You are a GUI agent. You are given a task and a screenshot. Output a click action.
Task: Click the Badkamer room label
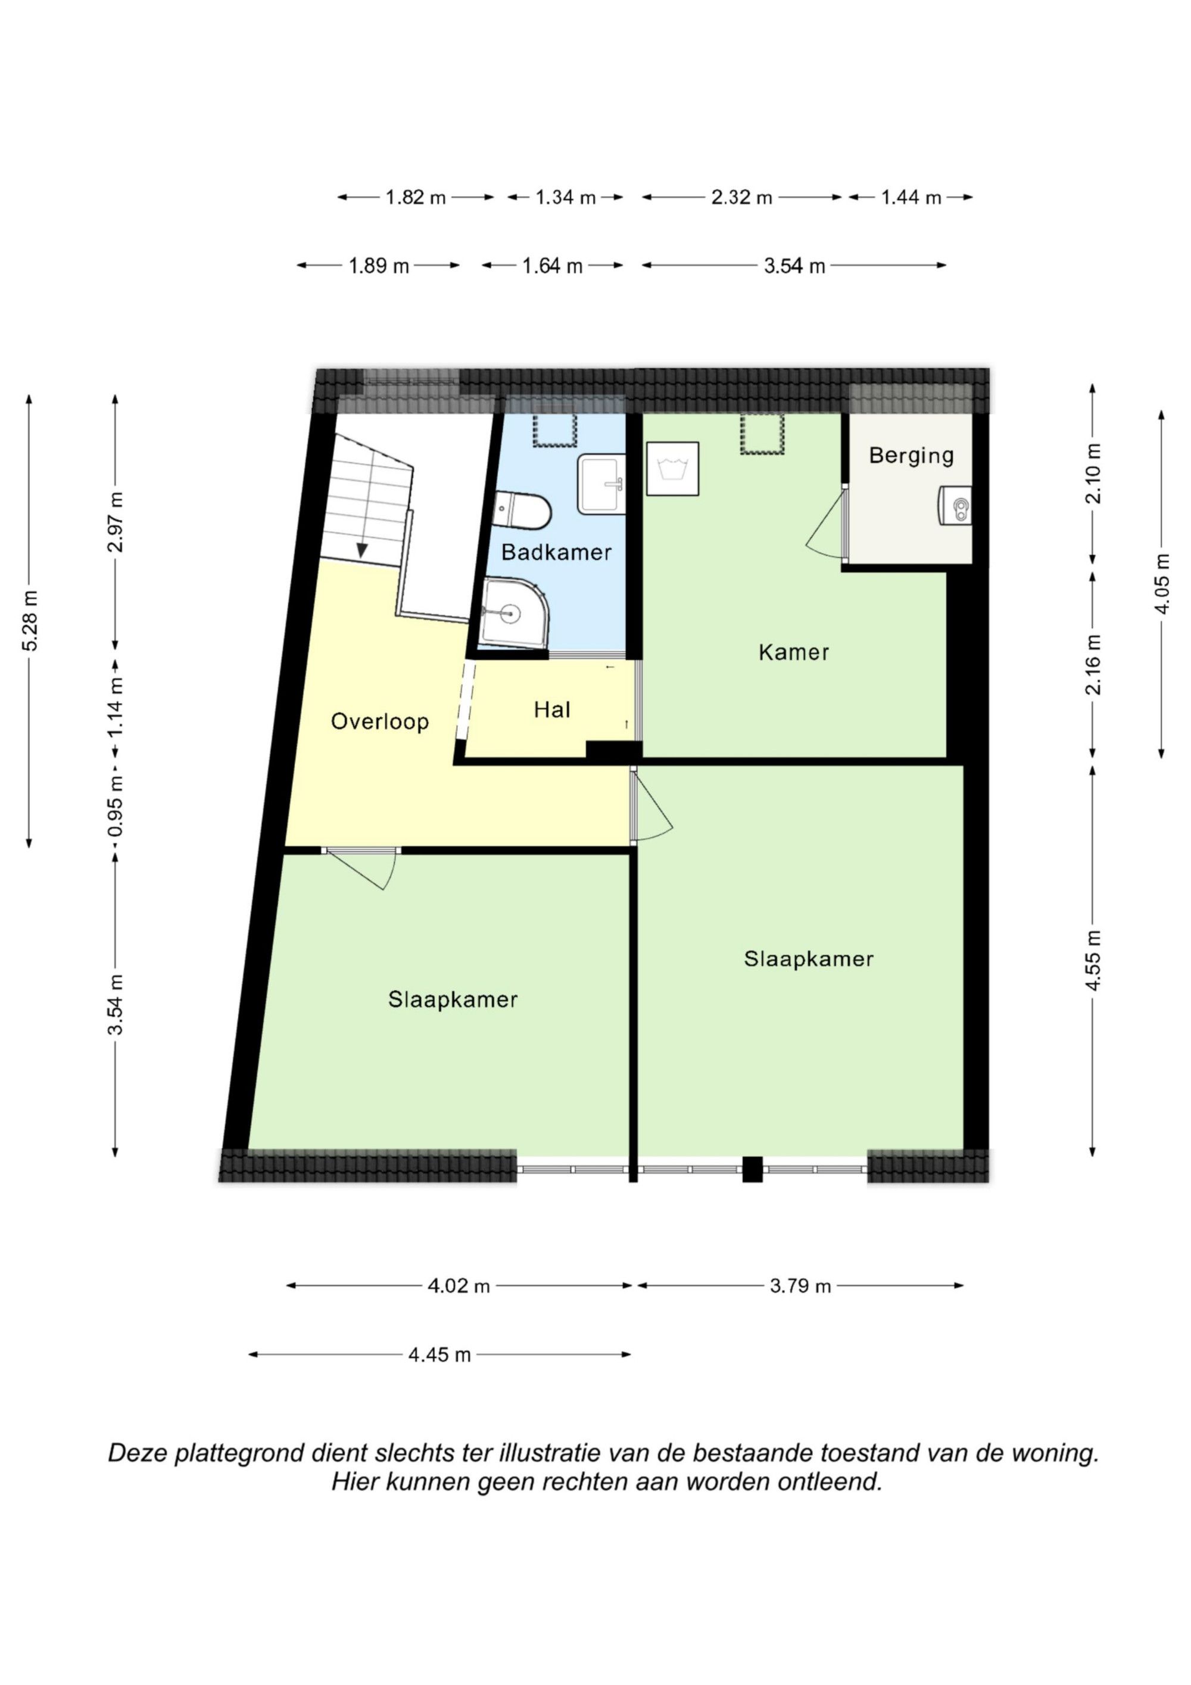coord(556,552)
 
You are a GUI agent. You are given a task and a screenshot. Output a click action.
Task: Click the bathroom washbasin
coord(601,484)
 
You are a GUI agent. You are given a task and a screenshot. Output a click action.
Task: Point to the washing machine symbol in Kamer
coord(673,468)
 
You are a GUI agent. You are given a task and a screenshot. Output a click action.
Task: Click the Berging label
coord(911,456)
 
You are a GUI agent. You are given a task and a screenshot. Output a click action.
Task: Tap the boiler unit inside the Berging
coord(955,506)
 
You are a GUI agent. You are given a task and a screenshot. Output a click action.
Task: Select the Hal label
coord(552,709)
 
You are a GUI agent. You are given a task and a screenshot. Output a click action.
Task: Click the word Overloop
coord(379,721)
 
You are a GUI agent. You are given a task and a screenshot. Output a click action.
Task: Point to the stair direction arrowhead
coord(362,550)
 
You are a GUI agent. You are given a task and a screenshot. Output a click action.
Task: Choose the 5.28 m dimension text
coord(29,620)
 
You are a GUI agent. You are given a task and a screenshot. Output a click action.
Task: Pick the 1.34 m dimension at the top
coord(565,197)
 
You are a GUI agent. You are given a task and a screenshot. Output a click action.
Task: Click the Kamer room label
coord(794,652)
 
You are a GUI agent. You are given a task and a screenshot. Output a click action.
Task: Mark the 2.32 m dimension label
coord(742,197)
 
